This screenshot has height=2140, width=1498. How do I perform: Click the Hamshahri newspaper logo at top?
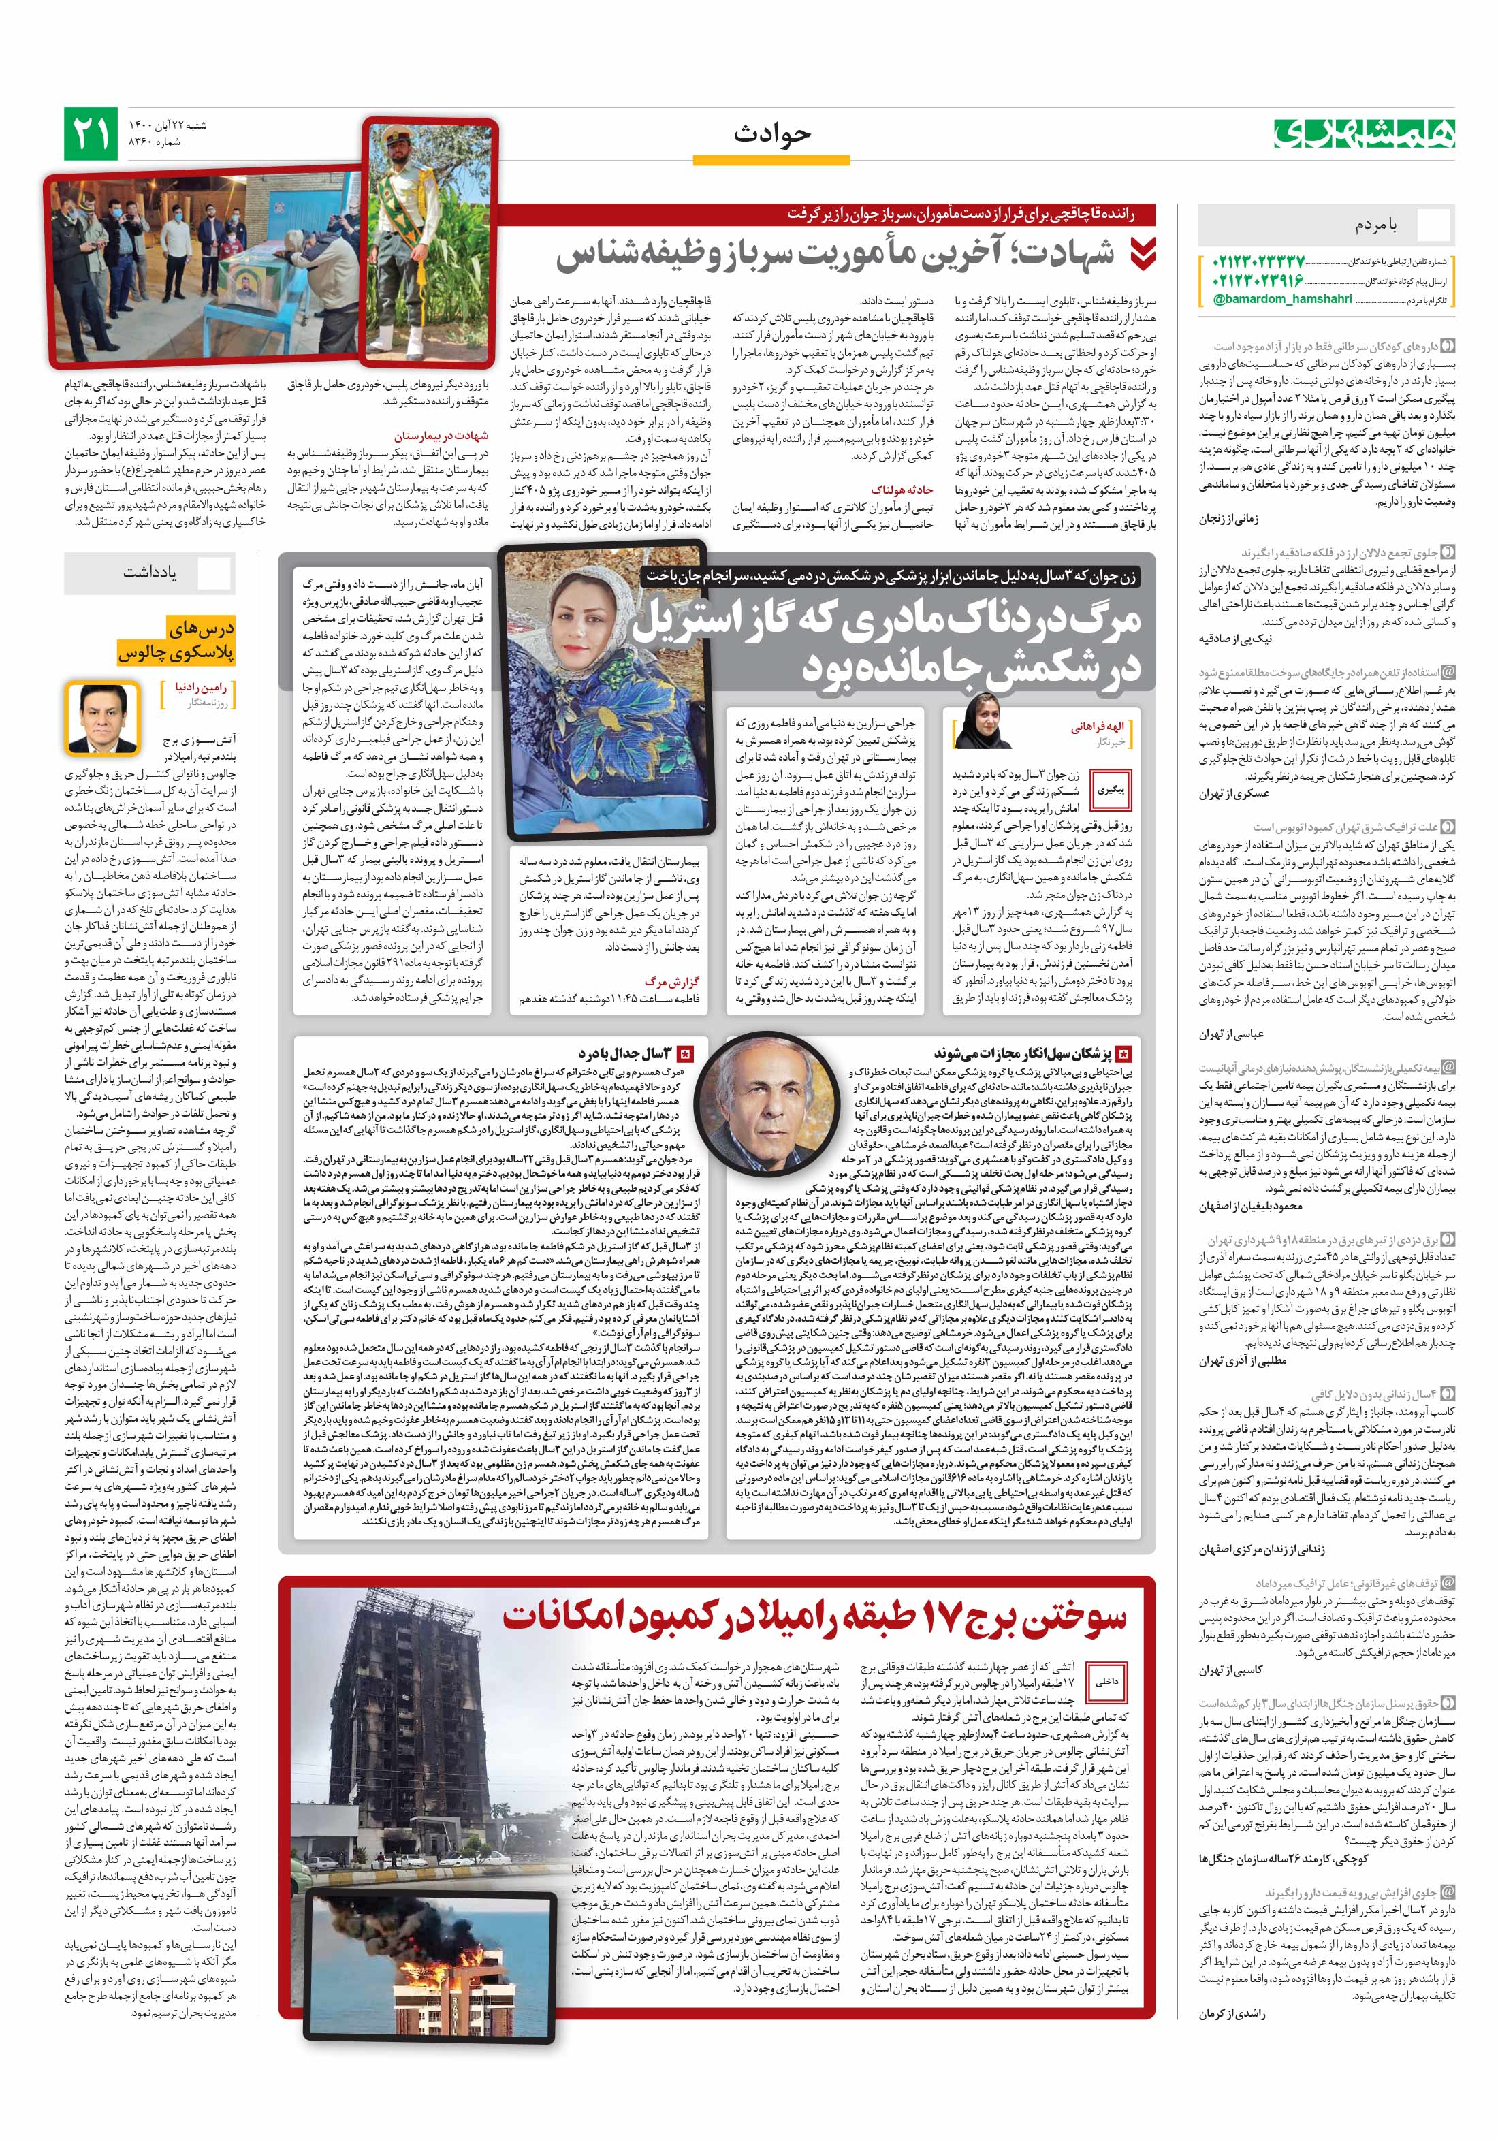coord(1364,133)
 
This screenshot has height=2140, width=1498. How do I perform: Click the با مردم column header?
coord(1377,225)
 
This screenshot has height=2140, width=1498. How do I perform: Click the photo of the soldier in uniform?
coord(430,240)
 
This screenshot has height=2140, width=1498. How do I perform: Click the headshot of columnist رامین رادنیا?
coord(103,718)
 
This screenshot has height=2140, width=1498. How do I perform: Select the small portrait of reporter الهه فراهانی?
coord(983,722)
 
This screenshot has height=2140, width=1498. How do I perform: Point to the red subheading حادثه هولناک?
coord(902,490)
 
